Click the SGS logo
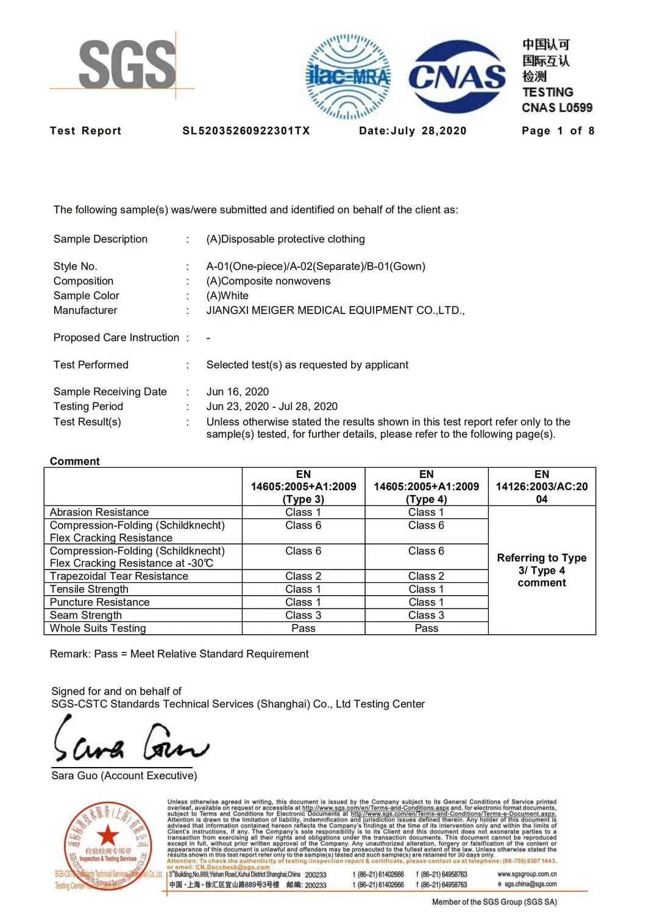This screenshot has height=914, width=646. coord(127,64)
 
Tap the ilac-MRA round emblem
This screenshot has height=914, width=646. coord(348,76)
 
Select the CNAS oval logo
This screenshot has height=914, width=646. coord(456,77)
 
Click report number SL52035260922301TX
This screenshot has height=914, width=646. coord(246,131)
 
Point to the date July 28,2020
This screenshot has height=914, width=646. coord(413,131)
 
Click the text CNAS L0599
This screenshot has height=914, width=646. coord(556,108)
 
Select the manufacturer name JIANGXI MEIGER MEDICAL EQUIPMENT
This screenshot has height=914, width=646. coord(335,310)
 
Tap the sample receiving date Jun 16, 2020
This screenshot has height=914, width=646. coord(238,391)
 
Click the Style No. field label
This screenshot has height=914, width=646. coord(75,266)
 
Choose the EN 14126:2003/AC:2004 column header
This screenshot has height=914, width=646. coord(542,487)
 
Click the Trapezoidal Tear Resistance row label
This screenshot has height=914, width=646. coord(119,576)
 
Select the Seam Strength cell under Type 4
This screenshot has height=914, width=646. coord(426,615)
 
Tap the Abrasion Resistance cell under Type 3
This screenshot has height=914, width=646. coord(303,512)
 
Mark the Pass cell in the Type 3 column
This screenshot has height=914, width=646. coord(303,628)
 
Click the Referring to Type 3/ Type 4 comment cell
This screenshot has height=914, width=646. coord(542,570)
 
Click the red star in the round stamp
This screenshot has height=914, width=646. coord(108,835)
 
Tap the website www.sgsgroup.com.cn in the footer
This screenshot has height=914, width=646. coord(527,874)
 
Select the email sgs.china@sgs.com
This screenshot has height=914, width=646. coord(530,884)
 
